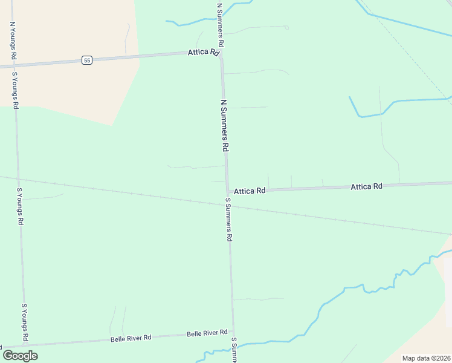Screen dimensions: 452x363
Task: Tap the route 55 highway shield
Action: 87,60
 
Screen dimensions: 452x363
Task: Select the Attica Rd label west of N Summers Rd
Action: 203,53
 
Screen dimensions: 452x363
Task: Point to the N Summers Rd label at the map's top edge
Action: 221,25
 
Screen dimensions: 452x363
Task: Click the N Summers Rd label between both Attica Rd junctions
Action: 225,125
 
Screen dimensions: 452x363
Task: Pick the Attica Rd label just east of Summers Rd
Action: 250,191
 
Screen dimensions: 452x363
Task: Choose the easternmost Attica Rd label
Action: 366,187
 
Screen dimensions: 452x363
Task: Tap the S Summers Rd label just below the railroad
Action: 228,220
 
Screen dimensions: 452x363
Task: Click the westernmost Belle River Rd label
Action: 131,338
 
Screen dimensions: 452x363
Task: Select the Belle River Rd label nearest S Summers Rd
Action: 207,333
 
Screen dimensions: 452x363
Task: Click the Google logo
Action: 20,355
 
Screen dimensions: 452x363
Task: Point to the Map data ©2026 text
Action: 426,358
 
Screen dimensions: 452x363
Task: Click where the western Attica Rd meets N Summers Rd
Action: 222,53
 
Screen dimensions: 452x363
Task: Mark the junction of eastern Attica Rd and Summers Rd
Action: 228,191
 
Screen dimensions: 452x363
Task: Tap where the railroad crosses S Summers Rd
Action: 228,206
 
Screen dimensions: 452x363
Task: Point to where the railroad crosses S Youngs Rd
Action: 19,180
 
